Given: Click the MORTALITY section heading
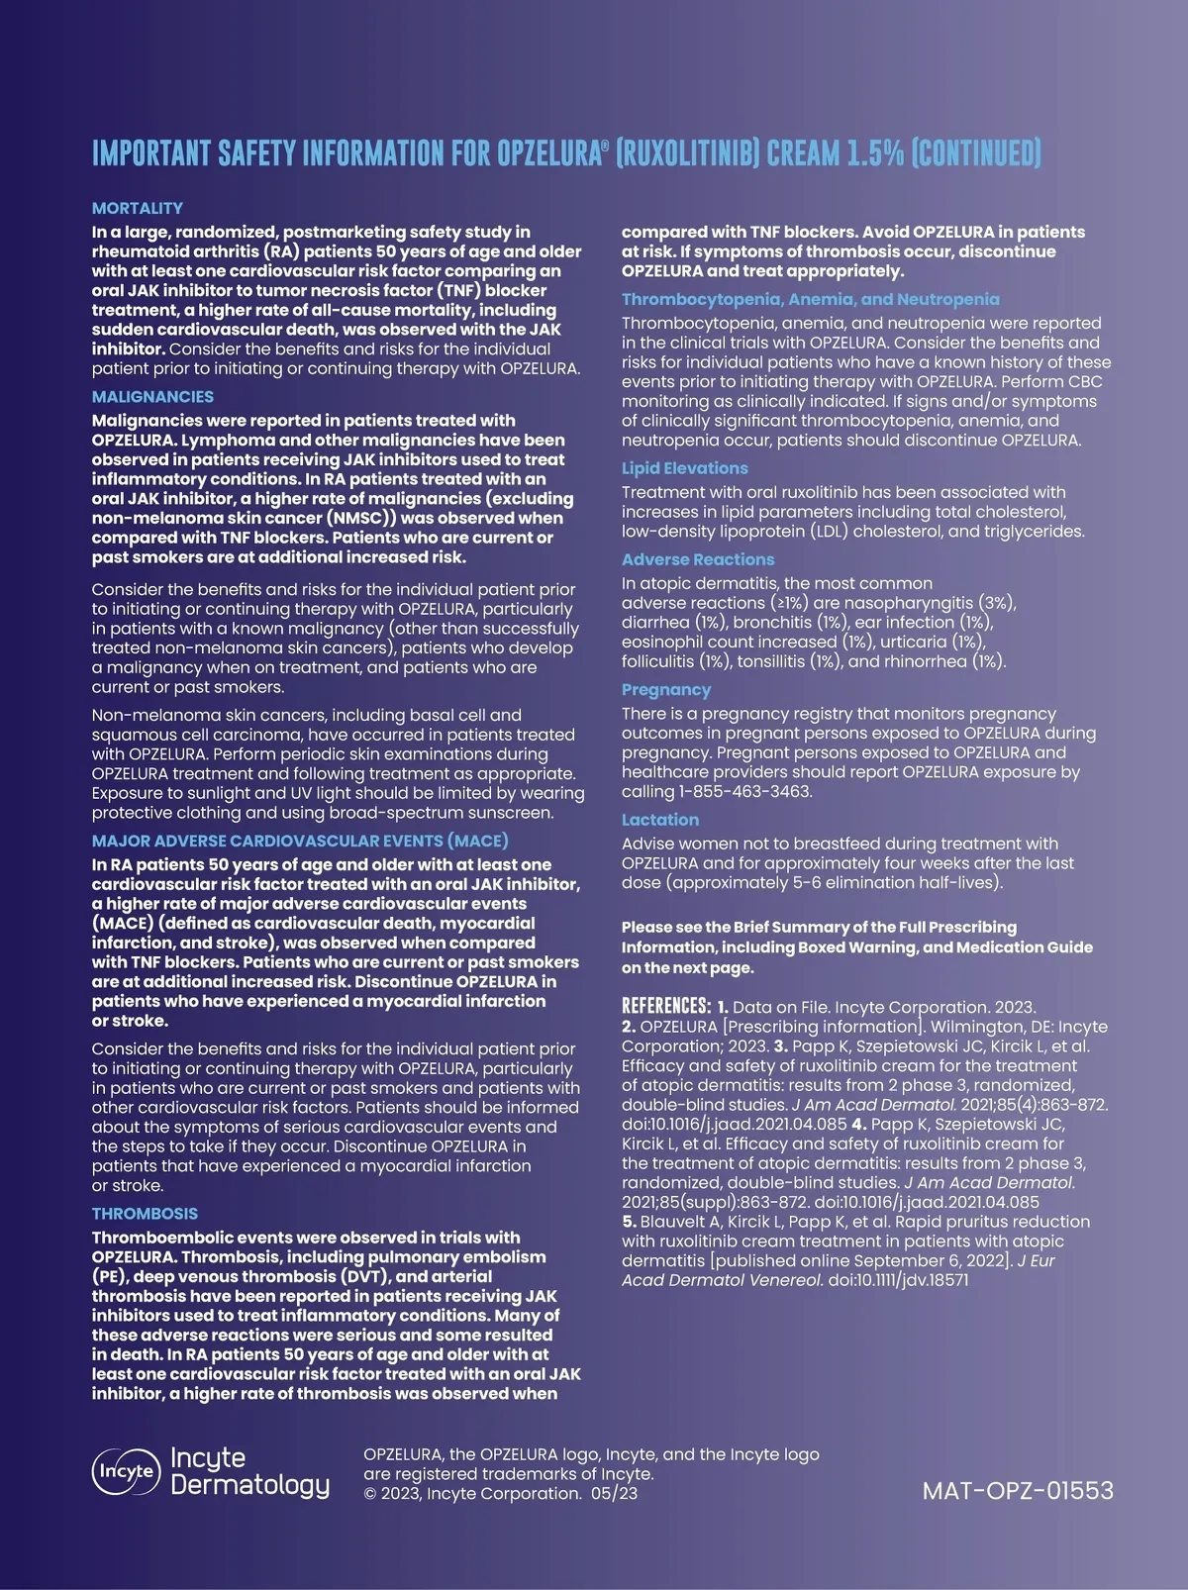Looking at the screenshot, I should click(x=138, y=208).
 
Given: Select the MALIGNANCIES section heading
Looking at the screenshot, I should click(x=152, y=397).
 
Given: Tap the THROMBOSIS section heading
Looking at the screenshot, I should click(x=145, y=1214).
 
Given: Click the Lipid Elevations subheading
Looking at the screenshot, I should click(x=684, y=468).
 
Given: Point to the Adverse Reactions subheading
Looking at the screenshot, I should click(x=698, y=559).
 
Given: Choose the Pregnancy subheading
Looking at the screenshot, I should click(x=666, y=690).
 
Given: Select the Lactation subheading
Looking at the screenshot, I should click(x=660, y=820).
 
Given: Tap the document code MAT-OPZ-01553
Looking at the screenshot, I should click(x=1018, y=1490).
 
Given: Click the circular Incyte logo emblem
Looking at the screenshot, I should click(x=126, y=1471).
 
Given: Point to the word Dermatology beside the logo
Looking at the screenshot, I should click(x=249, y=1485).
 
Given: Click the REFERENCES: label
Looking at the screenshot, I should click(x=666, y=1007).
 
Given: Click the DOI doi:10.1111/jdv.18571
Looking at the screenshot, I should click(x=898, y=1280).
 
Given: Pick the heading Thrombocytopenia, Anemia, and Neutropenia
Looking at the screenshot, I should click(x=810, y=299).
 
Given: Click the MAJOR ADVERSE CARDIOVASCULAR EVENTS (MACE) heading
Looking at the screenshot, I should click(x=300, y=841).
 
